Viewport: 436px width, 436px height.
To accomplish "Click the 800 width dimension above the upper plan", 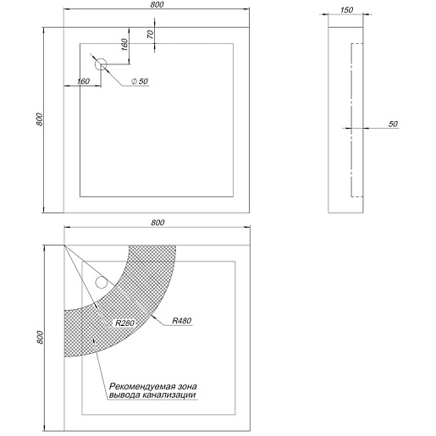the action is tap(157, 5).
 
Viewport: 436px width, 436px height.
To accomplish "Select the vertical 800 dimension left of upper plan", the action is tap(39, 119).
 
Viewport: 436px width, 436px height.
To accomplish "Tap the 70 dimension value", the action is tap(151, 35).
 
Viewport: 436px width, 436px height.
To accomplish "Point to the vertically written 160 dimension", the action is tap(124, 45).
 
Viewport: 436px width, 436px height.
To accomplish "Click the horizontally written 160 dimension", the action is tap(83, 81).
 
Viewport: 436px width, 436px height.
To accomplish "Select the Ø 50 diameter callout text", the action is tap(140, 81).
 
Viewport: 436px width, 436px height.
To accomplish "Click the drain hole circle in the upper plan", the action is tap(101, 64).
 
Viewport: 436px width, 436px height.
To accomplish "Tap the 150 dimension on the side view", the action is tap(346, 10).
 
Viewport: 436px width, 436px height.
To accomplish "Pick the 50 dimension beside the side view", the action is tap(393, 124).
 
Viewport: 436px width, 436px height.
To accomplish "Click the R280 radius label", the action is tap(124, 323).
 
